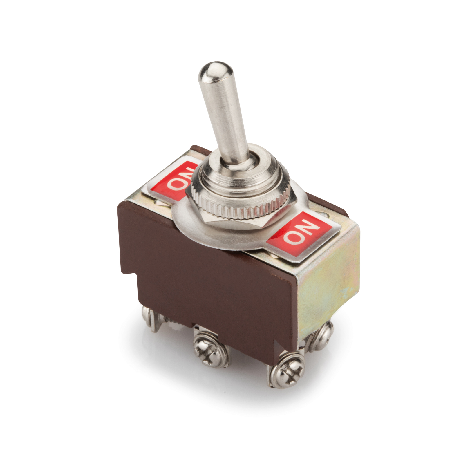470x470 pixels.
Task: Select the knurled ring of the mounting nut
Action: (241, 203)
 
